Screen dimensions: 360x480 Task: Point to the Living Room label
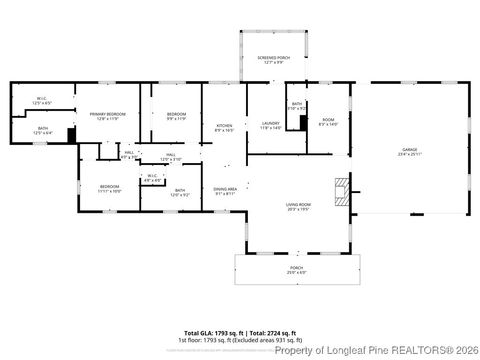(298, 207)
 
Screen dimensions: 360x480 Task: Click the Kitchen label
(224, 127)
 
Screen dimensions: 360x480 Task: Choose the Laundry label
(271, 124)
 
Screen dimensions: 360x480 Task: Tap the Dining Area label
(225, 190)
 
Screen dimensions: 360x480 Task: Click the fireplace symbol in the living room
(343, 191)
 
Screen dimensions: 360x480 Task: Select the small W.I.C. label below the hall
(152, 177)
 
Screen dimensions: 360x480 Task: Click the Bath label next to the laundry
(297, 105)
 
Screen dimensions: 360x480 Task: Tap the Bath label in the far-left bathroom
(43, 129)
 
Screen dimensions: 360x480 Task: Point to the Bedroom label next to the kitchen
(176, 116)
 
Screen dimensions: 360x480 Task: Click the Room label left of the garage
(327, 121)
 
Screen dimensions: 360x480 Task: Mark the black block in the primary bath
(72, 135)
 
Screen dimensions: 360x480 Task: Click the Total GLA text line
(240, 333)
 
